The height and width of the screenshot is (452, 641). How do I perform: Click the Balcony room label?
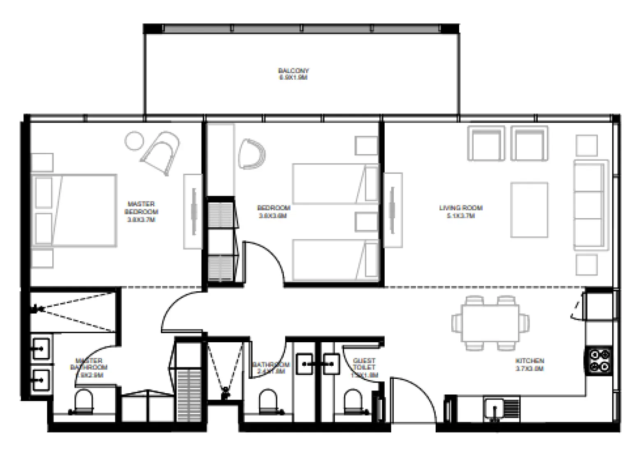(x=293, y=74)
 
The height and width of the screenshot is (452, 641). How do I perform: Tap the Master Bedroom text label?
(x=141, y=212)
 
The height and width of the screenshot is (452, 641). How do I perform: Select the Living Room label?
(x=460, y=211)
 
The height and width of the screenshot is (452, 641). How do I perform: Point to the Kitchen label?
(x=530, y=364)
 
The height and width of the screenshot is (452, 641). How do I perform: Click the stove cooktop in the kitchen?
(x=599, y=360)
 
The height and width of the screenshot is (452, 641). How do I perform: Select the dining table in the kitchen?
(x=490, y=323)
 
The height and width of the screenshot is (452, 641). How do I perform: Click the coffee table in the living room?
(x=529, y=210)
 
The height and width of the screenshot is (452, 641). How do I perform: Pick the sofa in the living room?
(x=590, y=205)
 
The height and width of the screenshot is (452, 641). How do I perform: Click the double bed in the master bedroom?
(x=74, y=210)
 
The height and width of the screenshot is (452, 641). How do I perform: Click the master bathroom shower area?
(x=74, y=311)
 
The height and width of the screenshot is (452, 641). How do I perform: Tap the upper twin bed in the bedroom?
(x=335, y=184)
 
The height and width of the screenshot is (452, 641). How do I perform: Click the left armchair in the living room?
(x=486, y=144)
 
